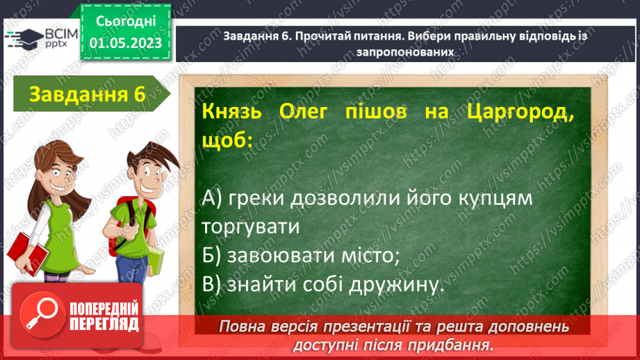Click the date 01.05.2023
[124, 44]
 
